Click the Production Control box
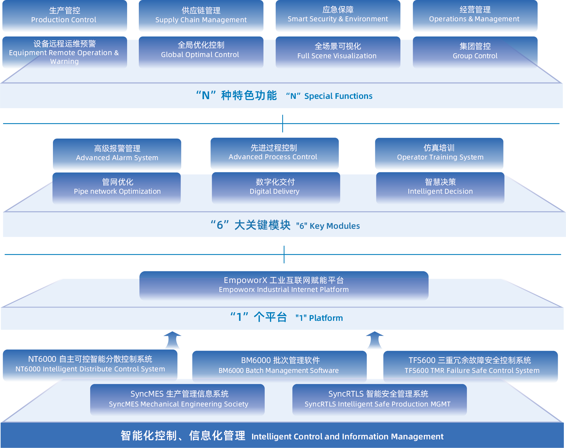click(64, 16)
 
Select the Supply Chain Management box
click(201, 16)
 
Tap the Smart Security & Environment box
click(338, 16)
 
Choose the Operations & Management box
click(475, 16)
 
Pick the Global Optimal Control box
click(201, 51)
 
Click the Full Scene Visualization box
click(338, 51)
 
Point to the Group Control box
click(475, 51)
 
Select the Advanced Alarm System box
click(117, 154)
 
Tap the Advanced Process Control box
click(274, 153)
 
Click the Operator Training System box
click(439, 153)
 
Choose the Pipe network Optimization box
click(117, 187)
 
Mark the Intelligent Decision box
click(440, 187)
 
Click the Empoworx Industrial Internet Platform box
click(283, 285)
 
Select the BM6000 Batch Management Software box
click(279, 365)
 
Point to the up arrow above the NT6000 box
click(172, 341)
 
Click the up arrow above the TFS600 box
click(374, 341)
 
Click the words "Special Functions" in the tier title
click(338, 96)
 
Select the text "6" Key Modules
click(328, 226)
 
